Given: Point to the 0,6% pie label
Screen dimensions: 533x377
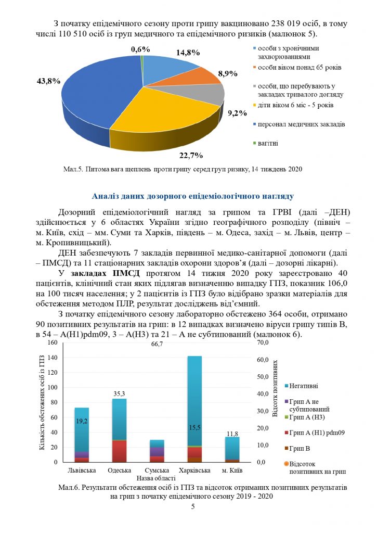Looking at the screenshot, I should [x=140, y=49].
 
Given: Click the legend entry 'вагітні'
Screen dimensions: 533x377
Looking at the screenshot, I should [x=267, y=143].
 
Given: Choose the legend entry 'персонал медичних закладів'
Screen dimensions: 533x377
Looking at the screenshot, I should [x=297, y=124].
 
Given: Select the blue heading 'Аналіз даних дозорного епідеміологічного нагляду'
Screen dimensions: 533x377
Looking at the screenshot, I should [x=192, y=196].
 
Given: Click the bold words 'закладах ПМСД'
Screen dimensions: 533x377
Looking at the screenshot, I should [x=97, y=273].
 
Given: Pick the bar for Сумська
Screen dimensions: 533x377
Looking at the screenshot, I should [x=157, y=451].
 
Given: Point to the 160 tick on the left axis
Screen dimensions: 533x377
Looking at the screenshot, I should [x=52, y=343].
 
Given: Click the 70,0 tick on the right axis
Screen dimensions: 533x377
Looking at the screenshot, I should [x=263, y=343].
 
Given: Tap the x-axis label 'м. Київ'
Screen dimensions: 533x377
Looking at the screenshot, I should [x=232, y=471].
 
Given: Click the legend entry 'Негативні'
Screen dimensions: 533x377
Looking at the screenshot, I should [x=304, y=386].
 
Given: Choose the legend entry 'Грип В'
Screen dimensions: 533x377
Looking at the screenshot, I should [x=300, y=447].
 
